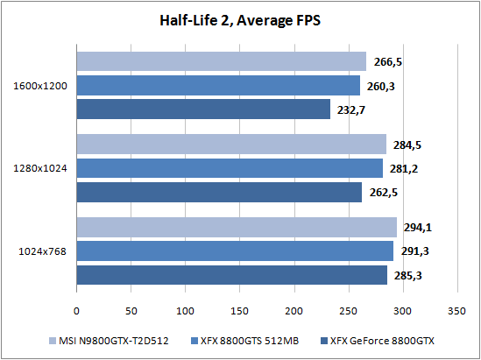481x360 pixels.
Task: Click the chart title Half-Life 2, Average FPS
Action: coord(240,21)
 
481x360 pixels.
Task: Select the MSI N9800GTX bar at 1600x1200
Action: coord(221,61)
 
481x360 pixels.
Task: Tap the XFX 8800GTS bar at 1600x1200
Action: coord(218,85)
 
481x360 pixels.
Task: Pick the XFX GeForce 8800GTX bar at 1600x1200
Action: coord(203,109)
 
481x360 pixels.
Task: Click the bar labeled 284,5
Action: coord(231,145)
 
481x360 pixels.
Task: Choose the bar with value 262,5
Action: coord(219,193)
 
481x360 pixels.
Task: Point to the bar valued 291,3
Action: coord(235,251)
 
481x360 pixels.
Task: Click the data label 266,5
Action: coord(388,62)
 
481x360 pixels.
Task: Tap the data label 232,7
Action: coord(351,110)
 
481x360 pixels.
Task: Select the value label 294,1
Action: coord(418,228)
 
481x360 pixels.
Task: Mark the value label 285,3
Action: coord(407,276)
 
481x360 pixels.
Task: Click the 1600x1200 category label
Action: coord(40,86)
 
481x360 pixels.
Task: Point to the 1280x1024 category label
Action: coord(40,168)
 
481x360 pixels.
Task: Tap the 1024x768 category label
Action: coord(43,251)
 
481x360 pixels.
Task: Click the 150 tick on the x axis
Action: coord(240,311)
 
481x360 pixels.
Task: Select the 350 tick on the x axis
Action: coord(456,311)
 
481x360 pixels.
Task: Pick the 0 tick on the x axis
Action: coord(76,311)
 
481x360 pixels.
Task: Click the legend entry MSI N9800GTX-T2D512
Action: coord(109,341)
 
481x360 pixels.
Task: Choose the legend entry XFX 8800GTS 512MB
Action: coord(244,341)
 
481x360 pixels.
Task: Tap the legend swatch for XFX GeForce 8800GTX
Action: coord(323,341)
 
